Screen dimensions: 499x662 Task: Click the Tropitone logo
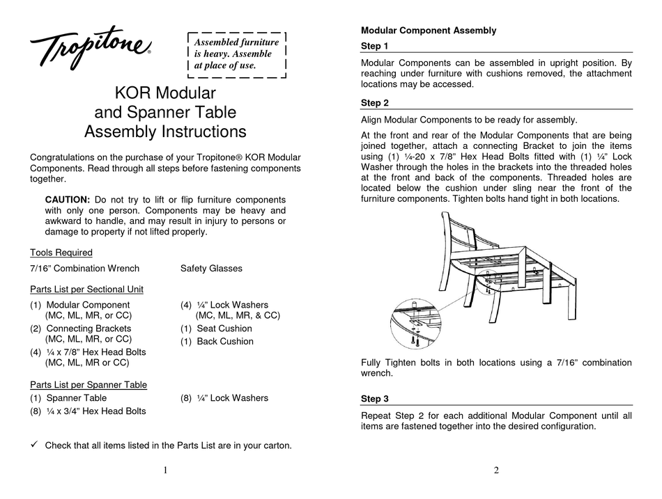90,48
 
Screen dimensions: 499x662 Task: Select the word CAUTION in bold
67,199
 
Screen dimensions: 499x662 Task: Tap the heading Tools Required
61,253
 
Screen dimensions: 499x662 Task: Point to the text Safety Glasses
211,268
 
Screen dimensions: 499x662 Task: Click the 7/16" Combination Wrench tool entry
84,268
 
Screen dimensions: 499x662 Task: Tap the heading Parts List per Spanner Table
88,384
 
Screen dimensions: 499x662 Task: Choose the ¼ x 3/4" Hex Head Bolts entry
88,411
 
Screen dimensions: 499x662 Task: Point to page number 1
165,470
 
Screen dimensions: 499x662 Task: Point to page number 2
495,470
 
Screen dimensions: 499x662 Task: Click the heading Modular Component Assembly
429,31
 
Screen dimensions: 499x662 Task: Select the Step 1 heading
375,46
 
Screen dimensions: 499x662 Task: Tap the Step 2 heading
375,103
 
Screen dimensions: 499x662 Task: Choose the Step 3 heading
375,399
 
